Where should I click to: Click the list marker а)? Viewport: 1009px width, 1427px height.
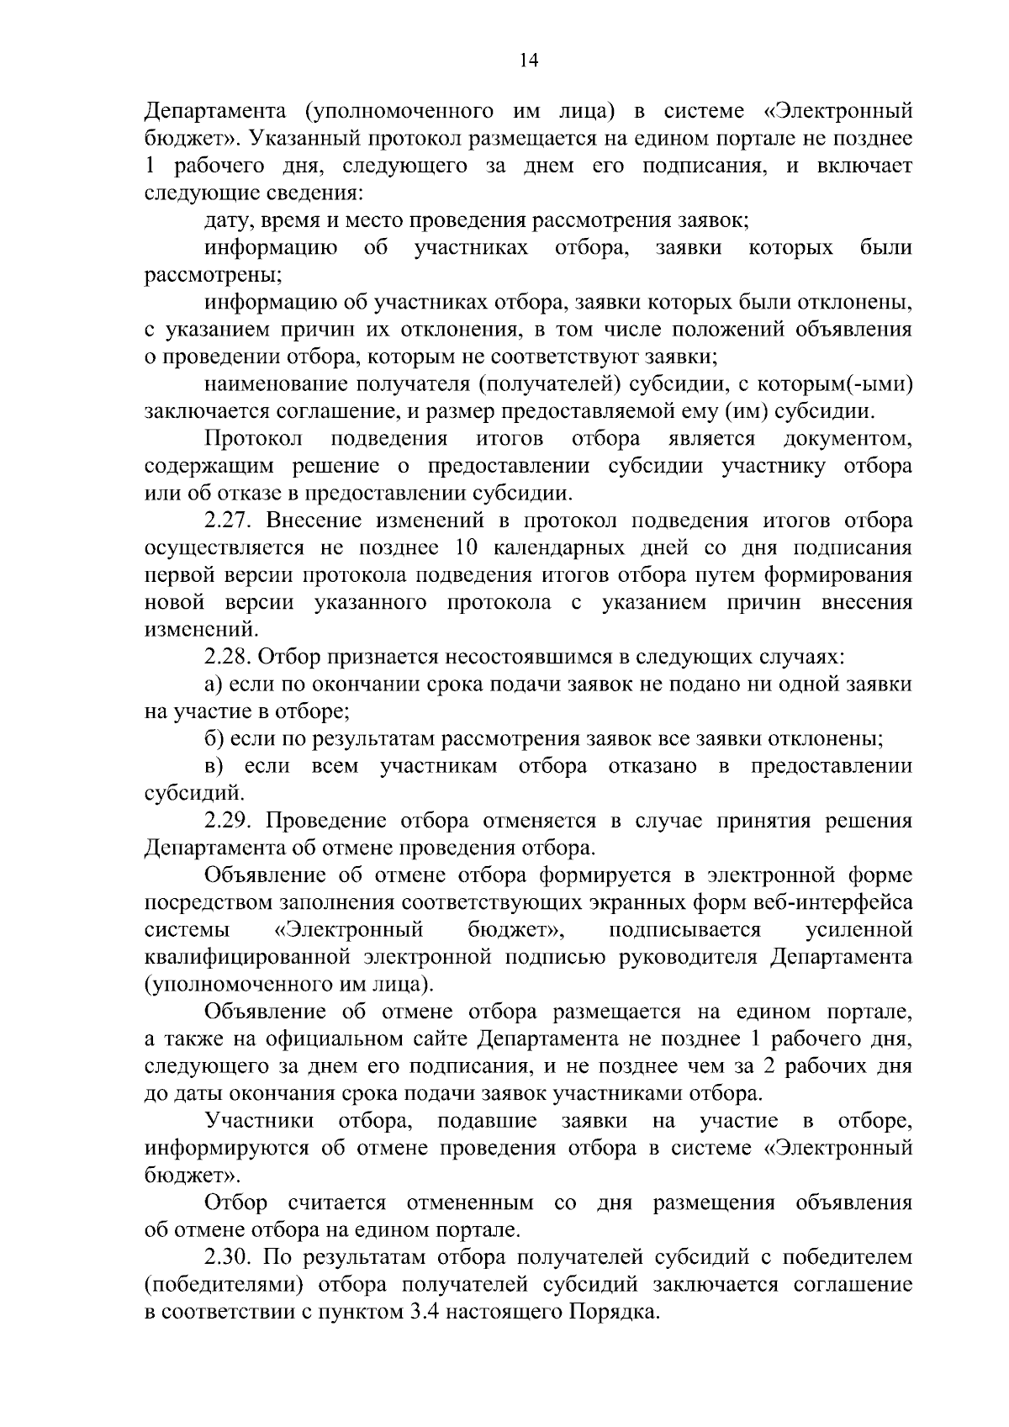(214, 684)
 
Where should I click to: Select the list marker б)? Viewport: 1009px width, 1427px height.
(214, 739)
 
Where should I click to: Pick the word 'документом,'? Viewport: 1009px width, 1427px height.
(848, 439)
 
